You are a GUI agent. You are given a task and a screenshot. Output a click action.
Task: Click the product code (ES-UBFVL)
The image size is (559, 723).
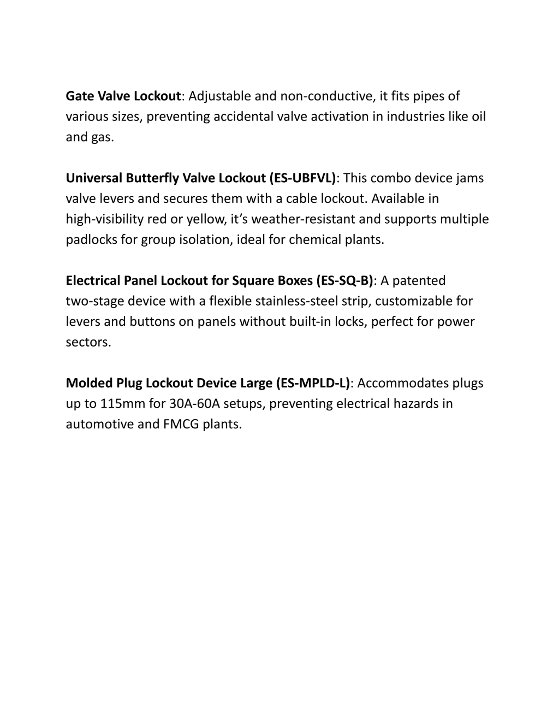coord(303,178)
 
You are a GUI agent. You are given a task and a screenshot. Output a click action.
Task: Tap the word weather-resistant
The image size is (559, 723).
coord(303,219)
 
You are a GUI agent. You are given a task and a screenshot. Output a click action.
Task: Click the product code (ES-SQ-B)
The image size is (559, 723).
coord(344,281)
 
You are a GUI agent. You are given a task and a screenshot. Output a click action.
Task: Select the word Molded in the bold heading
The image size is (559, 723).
coord(89,383)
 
